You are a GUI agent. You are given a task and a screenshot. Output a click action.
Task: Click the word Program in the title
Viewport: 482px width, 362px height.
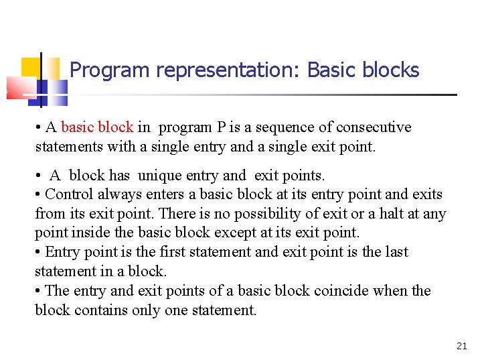(x=100, y=70)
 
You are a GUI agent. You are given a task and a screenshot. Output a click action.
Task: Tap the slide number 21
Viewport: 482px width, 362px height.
(x=461, y=346)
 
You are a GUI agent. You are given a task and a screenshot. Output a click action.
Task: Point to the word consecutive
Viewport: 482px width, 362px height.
(x=374, y=127)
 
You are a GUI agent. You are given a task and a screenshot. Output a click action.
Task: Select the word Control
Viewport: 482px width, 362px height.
(x=69, y=195)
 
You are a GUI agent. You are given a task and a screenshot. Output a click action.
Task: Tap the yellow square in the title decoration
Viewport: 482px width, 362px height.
(x=31, y=68)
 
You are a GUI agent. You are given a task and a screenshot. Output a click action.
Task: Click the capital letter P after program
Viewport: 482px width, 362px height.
(x=220, y=127)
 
